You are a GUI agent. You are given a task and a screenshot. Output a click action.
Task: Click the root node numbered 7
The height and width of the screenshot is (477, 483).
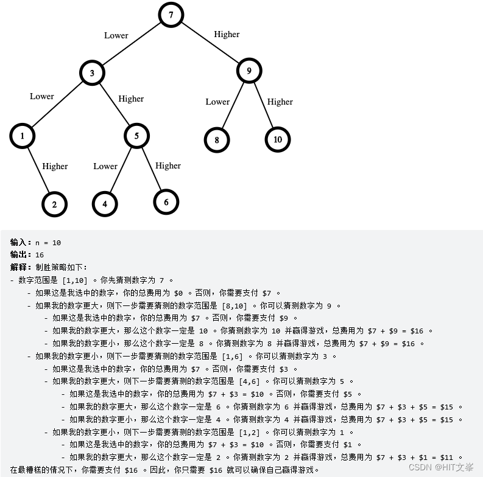pos(171,15)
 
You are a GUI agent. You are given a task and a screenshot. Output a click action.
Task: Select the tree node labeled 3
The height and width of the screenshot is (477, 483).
pos(93,74)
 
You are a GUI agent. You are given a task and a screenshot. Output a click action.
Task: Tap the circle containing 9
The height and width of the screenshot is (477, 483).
pos(249,71)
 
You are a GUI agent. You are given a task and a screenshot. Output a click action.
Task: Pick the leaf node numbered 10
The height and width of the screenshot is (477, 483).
pos(278,139)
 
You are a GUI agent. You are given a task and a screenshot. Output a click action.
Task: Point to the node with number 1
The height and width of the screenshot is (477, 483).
pos(22,136)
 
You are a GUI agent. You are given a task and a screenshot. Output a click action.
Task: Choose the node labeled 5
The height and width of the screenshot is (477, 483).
pos(136,136)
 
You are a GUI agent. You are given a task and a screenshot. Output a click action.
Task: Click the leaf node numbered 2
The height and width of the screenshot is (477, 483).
pos(55,204)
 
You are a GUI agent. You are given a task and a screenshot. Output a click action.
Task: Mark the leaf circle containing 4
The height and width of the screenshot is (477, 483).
pos(105,204)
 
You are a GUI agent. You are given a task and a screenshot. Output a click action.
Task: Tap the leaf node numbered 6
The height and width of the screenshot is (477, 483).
pos(166,202)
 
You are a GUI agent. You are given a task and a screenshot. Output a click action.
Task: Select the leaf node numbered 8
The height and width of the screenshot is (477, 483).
pos(216,140)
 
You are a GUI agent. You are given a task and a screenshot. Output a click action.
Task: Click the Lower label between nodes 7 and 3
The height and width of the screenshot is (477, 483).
pos(116,35)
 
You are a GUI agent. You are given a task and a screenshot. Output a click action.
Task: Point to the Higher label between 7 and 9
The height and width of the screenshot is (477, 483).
pos(227,34)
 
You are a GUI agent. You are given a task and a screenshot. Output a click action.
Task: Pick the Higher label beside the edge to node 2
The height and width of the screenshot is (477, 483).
pos(55,166)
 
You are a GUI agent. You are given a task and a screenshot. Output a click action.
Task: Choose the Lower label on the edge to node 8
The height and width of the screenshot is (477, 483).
pos(217,102)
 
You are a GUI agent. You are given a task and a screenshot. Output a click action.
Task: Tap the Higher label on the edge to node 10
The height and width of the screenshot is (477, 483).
pos(280,102)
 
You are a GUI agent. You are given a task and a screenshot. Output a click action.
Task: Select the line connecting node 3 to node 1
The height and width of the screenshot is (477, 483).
pos(57,105)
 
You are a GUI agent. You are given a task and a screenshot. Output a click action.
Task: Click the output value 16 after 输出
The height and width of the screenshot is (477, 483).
pos(40,255)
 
